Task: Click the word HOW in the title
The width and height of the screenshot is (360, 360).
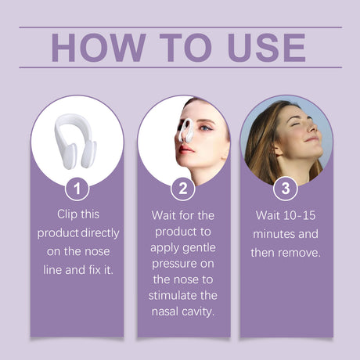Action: coord(93,48)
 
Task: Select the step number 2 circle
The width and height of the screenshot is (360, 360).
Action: coord(182,189)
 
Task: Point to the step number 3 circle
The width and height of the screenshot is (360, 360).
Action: coord(285,189)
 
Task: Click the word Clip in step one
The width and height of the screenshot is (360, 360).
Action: coord(70,213)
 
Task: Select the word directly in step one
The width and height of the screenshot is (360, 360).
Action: coord(99,233)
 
